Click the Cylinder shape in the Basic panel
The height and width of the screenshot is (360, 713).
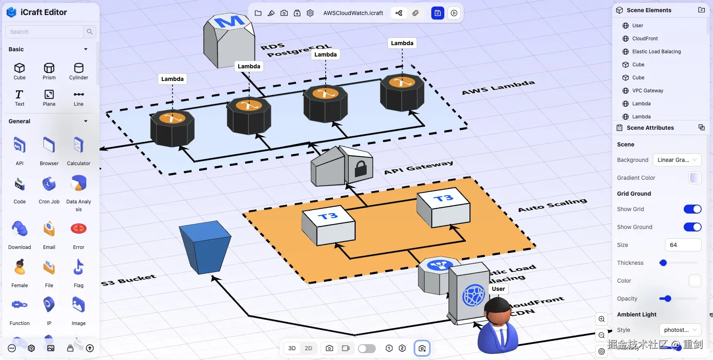click(78, 71)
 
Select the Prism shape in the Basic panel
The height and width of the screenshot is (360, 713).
click(49, 71)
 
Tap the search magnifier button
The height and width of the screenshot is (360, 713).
click(89, 32)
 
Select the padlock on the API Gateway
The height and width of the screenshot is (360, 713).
click(361, 168)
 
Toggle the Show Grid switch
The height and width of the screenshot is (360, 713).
click(692, 209)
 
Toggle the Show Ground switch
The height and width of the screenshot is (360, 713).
click(692, 227)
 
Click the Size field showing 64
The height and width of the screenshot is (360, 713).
click(683, 245)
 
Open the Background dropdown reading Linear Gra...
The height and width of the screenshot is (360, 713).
click(677, 160)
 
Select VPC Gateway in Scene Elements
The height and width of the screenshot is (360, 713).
click(648, 91)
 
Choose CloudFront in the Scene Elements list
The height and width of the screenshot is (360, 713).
click(645, 39)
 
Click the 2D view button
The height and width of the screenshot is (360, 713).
click(309, 348)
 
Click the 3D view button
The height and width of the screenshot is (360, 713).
click(292, 348)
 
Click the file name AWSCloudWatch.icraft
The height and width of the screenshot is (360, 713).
click(353, 13)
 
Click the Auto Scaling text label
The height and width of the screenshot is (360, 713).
click(552, 205)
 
